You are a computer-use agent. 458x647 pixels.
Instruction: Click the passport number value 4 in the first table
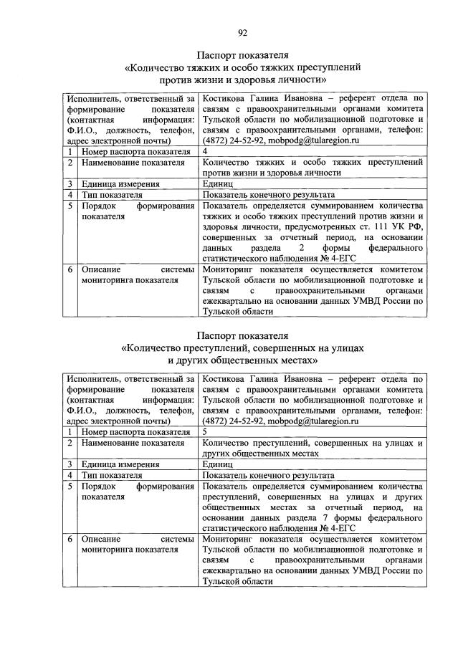point(206,152)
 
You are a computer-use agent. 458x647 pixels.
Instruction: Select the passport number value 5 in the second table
point(206,432)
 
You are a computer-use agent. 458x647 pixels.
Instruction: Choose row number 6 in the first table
point(71,270)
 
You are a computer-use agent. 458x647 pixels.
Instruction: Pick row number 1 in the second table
point(71,432)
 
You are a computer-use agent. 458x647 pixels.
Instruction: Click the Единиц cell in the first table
point(218,183)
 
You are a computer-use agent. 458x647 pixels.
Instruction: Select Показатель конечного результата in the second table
point(268,474)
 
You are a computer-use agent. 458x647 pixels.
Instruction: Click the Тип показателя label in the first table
point(111,194)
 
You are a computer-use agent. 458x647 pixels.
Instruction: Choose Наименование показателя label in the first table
point(133,163)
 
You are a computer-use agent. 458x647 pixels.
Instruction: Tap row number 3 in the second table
point(71,464)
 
